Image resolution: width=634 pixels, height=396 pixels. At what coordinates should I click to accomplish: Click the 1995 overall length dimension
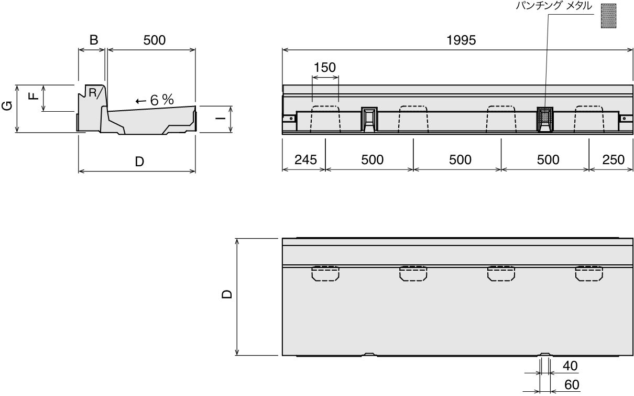point(461,40)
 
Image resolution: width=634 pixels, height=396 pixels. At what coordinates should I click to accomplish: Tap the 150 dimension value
point(325,68)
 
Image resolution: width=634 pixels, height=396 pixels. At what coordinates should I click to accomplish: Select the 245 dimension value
point(305,160)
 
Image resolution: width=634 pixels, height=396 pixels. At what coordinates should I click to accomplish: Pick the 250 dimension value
point(614,160)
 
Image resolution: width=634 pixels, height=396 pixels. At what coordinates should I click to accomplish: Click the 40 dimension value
point(570,366)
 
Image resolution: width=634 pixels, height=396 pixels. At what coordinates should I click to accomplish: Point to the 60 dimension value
point(572,385)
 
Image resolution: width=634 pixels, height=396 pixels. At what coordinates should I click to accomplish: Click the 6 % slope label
point(161,100)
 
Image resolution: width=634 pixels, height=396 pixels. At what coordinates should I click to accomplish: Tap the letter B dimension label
point(94,40)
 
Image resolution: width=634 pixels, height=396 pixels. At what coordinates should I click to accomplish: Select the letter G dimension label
point(7,105)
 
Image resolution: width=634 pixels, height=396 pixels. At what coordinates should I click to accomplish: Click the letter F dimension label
point(34,96)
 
